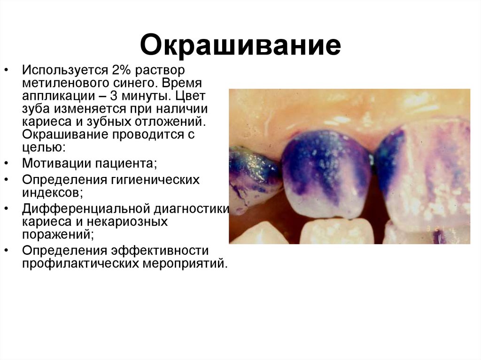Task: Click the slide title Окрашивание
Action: [240, 46]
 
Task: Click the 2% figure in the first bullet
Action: [122, 70]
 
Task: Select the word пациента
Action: [125, 164]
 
